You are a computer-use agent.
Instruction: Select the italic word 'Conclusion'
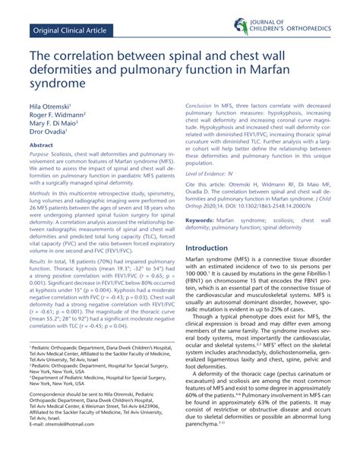(x=199, y=103)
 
